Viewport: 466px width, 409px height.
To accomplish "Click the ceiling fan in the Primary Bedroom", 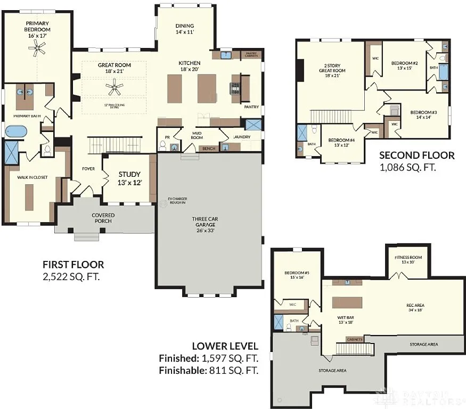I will click(x=37, y=50).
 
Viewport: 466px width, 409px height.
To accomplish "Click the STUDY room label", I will click(x=129, y=178).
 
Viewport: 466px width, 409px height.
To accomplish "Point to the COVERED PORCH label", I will click(x=103, y=218).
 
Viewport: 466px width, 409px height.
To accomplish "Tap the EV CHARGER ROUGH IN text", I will click(x=178, y=201).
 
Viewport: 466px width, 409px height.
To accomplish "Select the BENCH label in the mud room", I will click(x=209, y=149).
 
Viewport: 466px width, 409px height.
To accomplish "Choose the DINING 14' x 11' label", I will click(x=185, y=29).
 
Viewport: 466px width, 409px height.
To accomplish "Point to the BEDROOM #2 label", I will click(x=404, y=65).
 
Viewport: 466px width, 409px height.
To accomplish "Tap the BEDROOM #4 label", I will click(x=342, y=142).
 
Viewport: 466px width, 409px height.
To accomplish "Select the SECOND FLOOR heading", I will click(x=416, y=156).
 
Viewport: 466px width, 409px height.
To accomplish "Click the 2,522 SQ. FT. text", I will click(x=71, y=276).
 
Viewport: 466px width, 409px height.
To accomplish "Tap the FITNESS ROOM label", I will click(x=408, y=259).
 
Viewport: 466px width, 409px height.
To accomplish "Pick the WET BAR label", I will click(x=346, y=318).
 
